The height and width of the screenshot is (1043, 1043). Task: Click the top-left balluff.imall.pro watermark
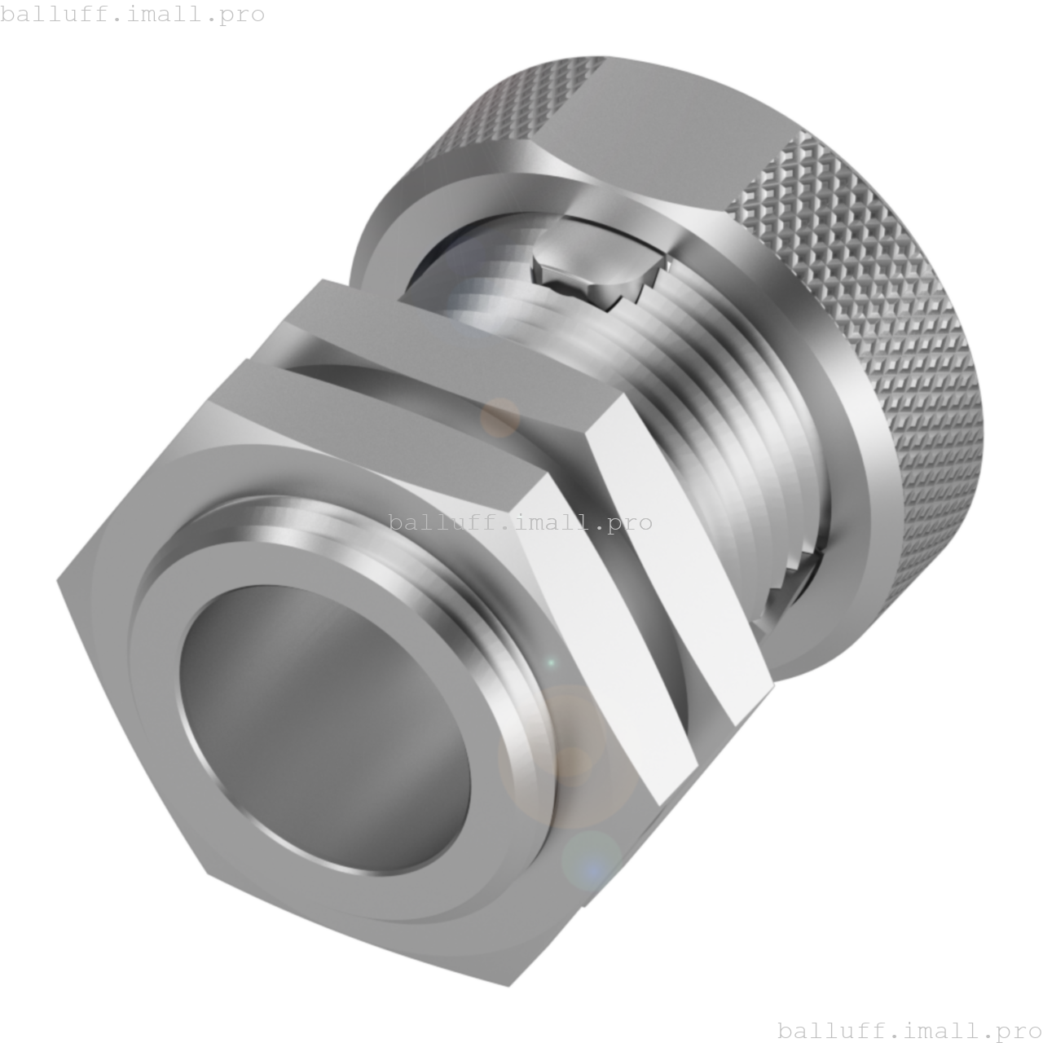[x=132, y=14]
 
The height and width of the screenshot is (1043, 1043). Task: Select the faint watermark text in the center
[x=520, y=522]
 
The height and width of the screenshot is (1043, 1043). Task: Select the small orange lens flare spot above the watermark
[x=499, y=416]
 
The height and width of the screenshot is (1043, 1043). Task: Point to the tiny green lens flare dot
[x=551, y=662]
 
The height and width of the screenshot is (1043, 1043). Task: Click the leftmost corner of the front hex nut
[x=59, y=579]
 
